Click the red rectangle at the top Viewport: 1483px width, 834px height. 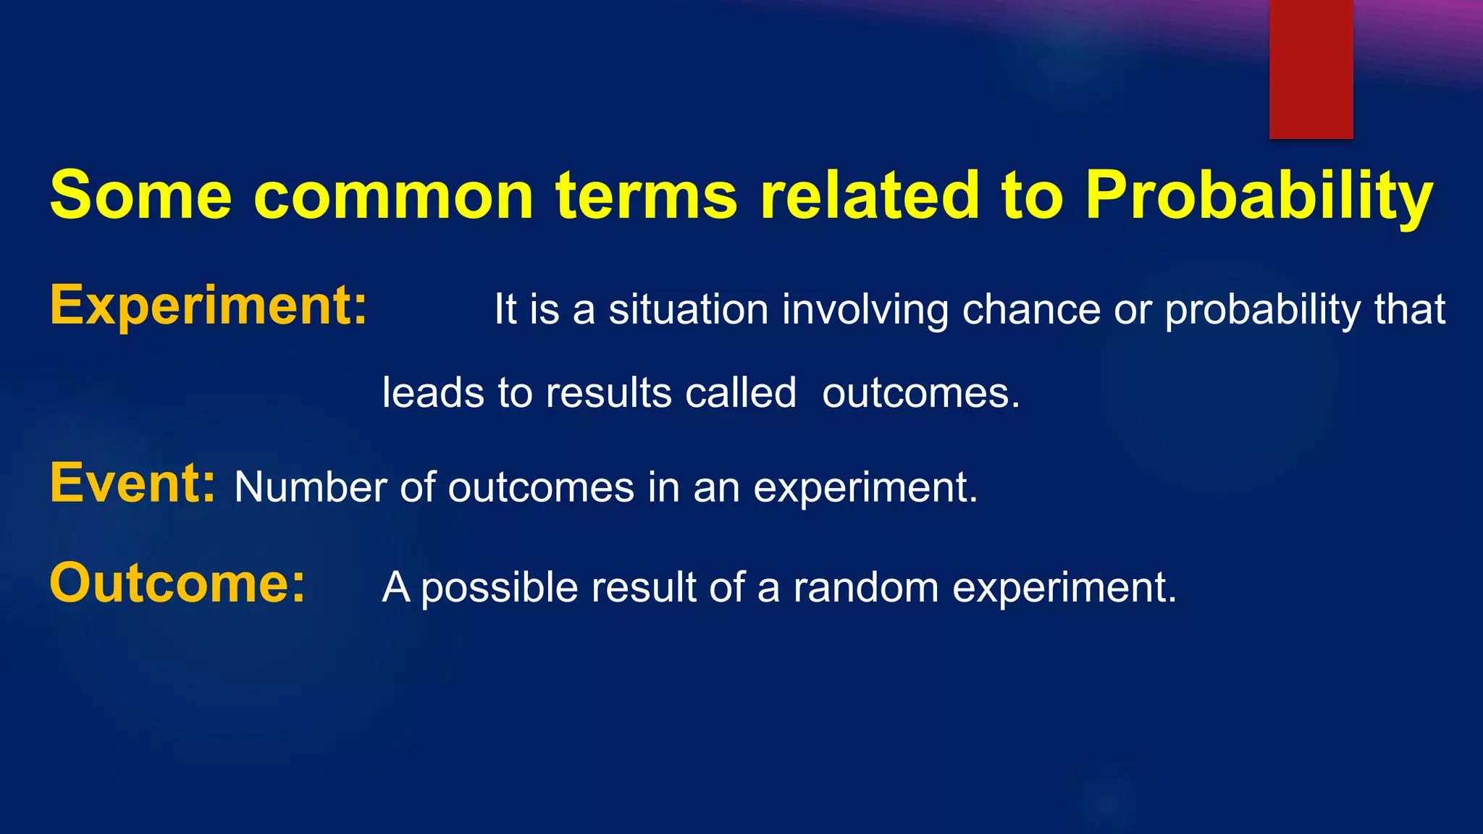pyautogui.click(x=1311, y=69)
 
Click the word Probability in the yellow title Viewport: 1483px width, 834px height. pyautogui.click(x=1259, y=195)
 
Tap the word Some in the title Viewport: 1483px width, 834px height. pyautogui.click(x=140, y=195)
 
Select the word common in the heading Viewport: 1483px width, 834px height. pyautogui.click(x=393, y=195)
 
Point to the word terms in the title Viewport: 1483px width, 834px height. pyautogui.click(x=647, y=195)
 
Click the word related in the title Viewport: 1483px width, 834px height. pyautogui.click(x=869, y=195)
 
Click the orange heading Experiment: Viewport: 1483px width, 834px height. pyautogui.click(x=209, y=306)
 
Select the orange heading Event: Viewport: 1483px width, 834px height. pyautogui.click(x=133, y=483)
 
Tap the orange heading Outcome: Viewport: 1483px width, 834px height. pyautogui.click(x=177, y=584)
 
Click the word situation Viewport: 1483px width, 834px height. pyautogui.click(x=688, y=310)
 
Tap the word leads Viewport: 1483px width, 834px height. pyautogui.click(x=433, y=393)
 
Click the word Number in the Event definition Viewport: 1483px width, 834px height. pyautogui.click(x=310, y=487)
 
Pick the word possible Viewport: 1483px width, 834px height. pyautogui.click(x=500, y=588)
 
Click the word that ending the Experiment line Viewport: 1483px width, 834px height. pyautogui.click(x=1409, y=310)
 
